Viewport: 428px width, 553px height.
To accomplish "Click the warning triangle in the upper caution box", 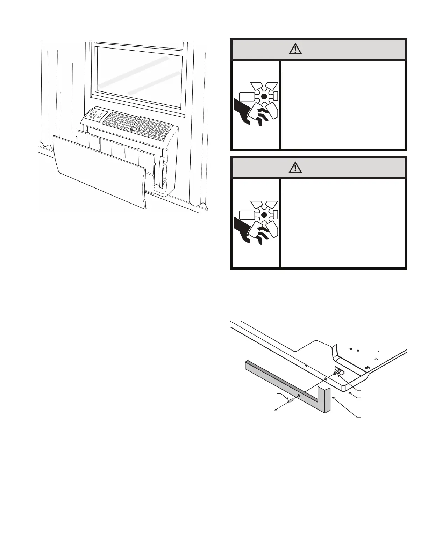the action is tap(296, 49).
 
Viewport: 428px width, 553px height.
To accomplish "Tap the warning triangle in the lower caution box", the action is tap(296, 168).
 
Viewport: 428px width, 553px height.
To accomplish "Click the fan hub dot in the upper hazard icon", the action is tap(264, 96).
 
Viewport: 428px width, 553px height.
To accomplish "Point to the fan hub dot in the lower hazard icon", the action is tap(264, 215).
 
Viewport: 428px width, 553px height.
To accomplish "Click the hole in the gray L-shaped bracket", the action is tap(299, 396).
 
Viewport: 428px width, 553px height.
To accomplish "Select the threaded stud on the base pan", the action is tap(336, 373).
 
